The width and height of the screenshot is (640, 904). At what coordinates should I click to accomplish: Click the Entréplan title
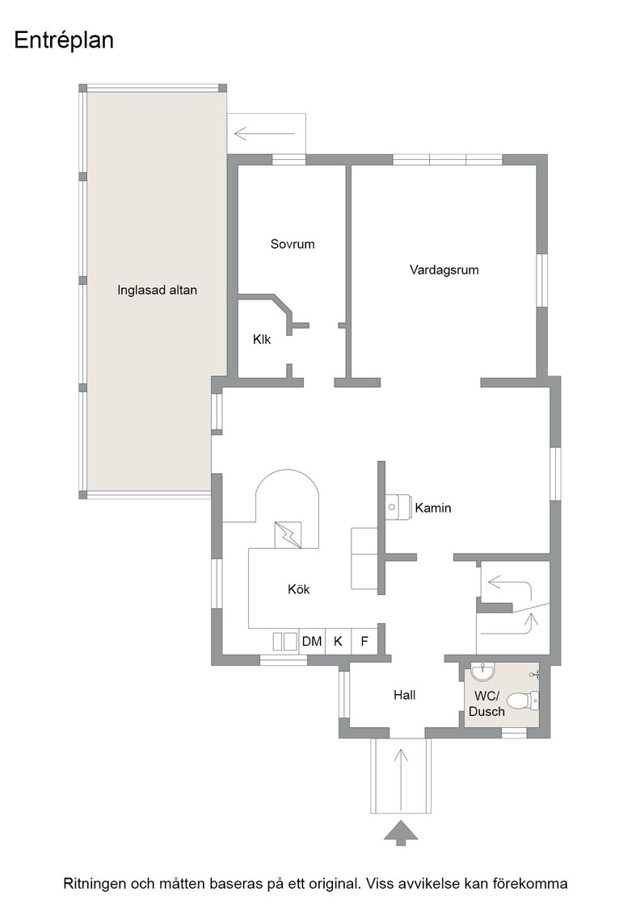coord(64,40)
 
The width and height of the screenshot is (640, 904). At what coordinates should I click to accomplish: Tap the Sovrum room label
coord(293,244)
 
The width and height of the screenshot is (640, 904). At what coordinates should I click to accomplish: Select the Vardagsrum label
coord(444,270)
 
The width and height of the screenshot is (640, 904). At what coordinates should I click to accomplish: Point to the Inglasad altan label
coord(157,290)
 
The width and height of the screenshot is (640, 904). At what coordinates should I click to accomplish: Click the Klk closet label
coord(262,340)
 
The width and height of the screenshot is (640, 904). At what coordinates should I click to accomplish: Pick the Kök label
coord(299,588)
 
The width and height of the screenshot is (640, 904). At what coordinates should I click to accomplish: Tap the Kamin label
coord(433,508)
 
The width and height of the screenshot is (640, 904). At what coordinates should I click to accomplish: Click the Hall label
coord(405,695)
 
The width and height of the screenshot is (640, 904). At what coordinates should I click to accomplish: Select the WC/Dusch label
coord(486,703)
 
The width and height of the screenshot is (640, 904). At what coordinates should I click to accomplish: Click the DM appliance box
coord(312,641)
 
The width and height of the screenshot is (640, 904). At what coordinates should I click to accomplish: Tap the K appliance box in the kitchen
coord(339,641)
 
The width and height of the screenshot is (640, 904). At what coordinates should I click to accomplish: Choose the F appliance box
coord(364,641)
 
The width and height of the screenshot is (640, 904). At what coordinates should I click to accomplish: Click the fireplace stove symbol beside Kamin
coord(397,507)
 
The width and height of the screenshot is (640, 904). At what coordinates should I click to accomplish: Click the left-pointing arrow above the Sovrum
coord(264,134)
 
